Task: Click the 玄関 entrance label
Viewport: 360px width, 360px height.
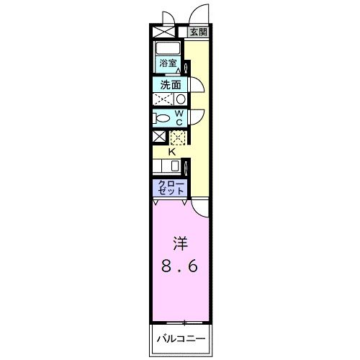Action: [x=199, y=32]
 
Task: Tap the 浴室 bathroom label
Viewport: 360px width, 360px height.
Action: [x=168, y=63]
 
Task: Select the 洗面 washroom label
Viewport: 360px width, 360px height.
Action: [x=170, y=85]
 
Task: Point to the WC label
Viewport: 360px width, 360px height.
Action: [x=179, y=117]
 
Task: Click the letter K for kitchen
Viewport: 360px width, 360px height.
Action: [x=172, y=151]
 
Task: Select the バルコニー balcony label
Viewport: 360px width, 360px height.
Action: [x=180, y=338]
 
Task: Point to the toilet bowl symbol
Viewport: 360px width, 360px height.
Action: [x=163, y=118]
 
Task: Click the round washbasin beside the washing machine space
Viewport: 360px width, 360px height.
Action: [x=181, y=99]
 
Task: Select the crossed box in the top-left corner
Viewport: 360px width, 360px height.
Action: [x=158, y=32]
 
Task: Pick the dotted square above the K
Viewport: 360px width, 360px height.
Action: [x=177, y=137]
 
